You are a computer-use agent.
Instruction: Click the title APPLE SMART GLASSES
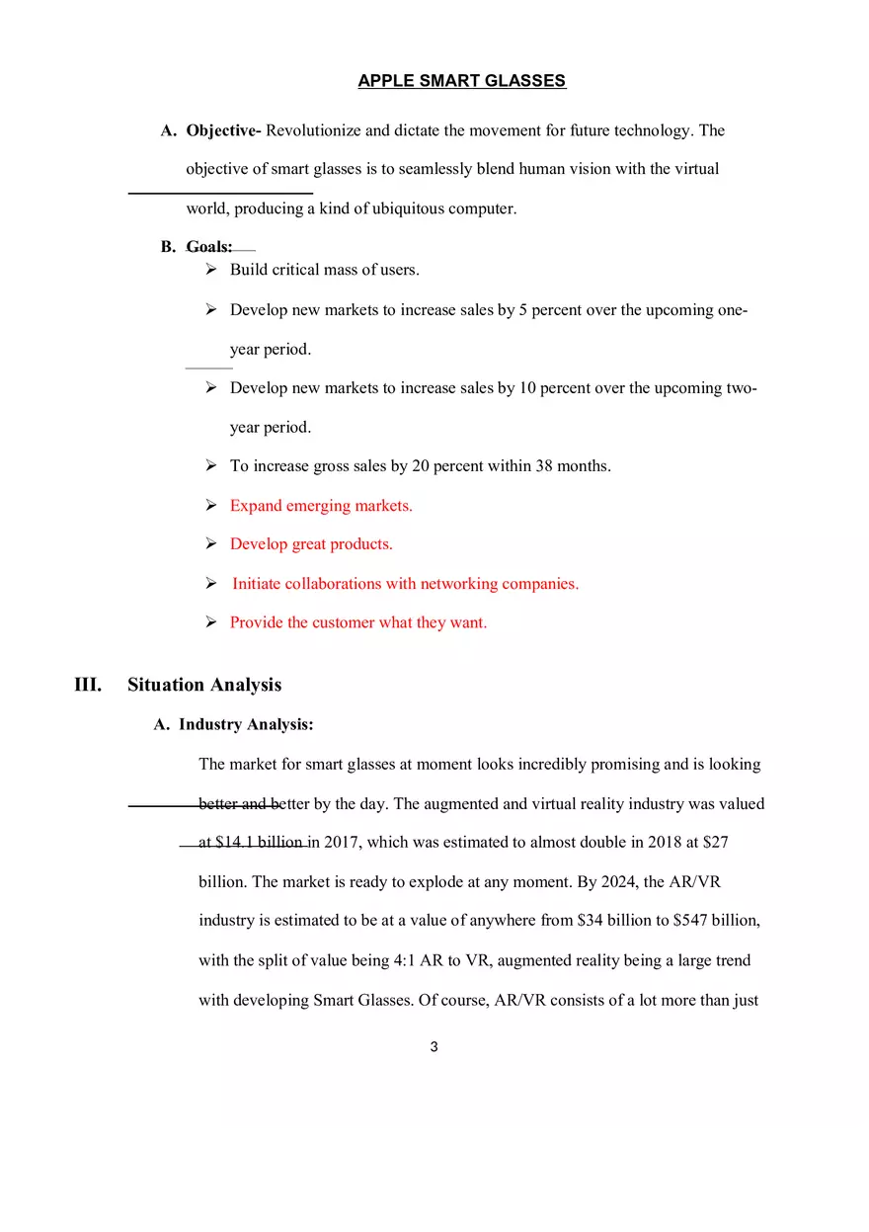coord(461,81)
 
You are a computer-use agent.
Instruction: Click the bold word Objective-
coord(223,130)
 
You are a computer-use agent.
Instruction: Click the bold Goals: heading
coord(209,247)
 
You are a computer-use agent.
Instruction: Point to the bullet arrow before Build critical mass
coord(211,270)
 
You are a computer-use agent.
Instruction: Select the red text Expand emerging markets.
coord(321,506)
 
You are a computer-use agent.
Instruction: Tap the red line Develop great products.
coord(311,544)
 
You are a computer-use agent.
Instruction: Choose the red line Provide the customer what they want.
coord(357,622)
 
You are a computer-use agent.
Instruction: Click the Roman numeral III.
coord(88,685)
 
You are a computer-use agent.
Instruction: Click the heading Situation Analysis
coord(204,685)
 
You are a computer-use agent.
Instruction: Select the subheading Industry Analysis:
coord(246,724)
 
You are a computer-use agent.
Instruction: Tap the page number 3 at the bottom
coord(434,1047)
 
